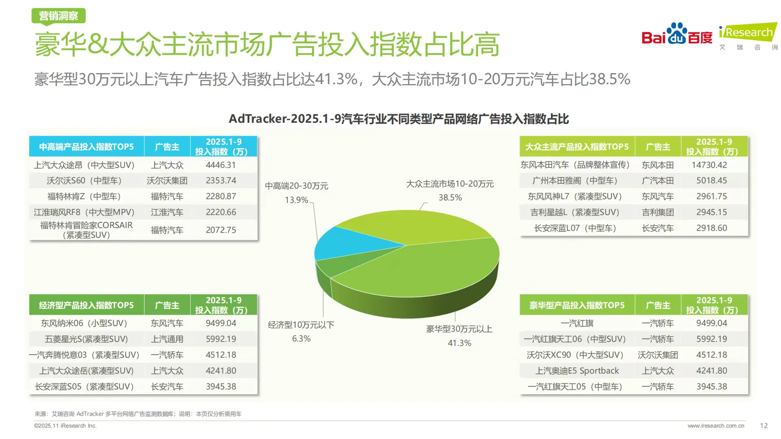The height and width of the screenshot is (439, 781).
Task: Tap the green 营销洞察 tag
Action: pos(59,16)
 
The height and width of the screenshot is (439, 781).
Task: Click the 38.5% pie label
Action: pos(450,198)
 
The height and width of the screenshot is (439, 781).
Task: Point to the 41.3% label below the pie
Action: pos(459,343)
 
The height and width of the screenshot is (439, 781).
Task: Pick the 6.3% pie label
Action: pos(301,339)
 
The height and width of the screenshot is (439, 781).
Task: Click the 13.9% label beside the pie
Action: pos(296,200)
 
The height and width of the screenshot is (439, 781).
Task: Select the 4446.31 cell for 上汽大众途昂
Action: pos(220,165)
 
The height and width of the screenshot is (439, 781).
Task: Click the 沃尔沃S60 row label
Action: pos(84,180)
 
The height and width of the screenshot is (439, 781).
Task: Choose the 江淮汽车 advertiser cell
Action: pos(167,212)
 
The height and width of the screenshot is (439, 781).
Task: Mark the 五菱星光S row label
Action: pos(86,339)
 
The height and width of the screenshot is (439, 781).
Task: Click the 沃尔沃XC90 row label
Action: pos(575,355)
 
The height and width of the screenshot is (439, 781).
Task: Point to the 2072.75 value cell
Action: pos(220,230)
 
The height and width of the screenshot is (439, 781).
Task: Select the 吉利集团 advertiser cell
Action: pos(657,212)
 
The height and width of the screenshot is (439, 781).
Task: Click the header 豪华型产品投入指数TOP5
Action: pos(576,305)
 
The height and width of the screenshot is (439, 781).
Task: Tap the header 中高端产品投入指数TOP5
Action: pos(86,147)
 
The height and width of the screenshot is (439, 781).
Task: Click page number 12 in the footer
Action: pos(764,426)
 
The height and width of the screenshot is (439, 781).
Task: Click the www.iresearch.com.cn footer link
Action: pos(716,426)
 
